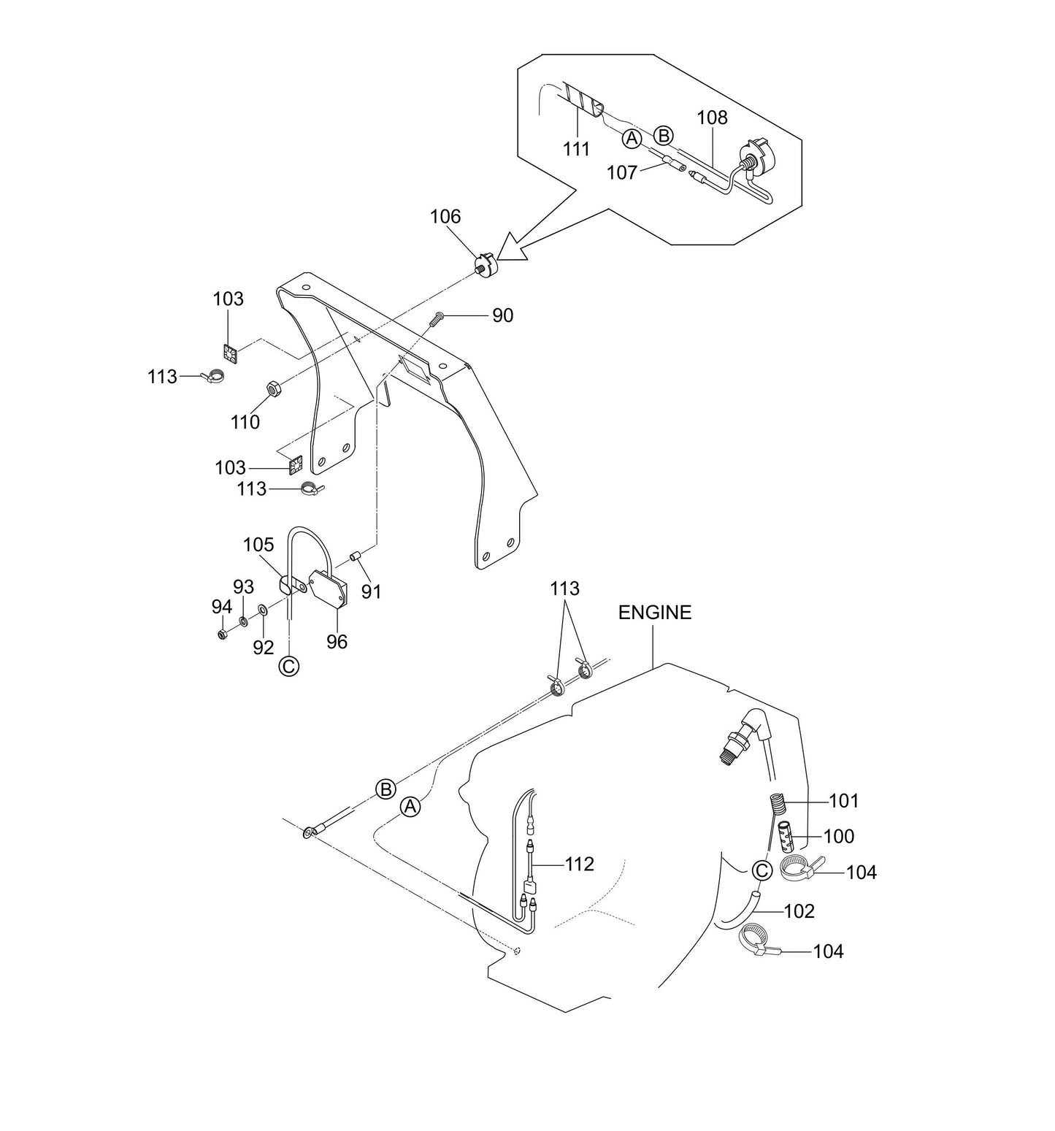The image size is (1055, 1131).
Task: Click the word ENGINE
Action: coord(654,613)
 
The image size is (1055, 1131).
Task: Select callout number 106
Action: coord(445,217)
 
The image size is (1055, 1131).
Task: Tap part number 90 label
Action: coord(502,315)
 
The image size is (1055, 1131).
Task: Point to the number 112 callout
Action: coord(579,864)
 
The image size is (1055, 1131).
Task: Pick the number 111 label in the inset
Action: coord(576,149)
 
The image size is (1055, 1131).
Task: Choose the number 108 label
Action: coord(712,118)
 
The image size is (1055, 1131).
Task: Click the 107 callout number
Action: coord(621,172)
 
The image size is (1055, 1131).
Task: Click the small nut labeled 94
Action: coord(222,633)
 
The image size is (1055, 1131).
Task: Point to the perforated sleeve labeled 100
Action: coord(785,836)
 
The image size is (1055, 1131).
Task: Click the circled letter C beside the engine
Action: coord(761,870)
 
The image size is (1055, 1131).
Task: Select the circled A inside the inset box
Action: coord(632,138)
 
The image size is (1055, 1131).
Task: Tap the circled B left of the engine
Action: coord(385,789)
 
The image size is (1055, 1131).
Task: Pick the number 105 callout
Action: coord(258,545)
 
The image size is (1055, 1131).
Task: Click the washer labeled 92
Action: coord(263,610)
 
